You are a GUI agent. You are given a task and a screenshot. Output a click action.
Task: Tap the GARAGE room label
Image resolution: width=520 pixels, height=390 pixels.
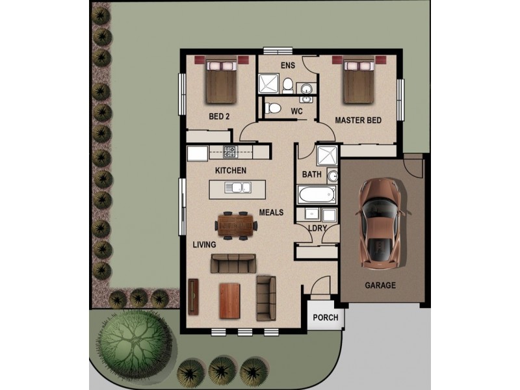pos(380,285)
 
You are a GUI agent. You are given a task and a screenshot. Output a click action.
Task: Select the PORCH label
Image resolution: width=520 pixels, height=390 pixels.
pos(326,318)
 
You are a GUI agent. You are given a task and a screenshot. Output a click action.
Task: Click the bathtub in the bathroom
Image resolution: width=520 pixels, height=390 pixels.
pos(317,194)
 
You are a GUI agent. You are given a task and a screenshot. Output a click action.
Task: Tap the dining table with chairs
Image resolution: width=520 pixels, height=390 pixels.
pos(235,226)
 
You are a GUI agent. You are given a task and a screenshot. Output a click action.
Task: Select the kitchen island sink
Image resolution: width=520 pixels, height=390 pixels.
pos(239,188)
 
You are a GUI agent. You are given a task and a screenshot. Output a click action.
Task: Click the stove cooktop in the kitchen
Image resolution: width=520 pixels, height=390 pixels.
pos(230,152)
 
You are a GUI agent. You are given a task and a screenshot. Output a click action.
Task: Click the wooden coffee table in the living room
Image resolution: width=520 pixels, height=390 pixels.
pos(231,300)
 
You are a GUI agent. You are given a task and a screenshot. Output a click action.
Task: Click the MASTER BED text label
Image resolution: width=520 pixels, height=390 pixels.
pos(357,121)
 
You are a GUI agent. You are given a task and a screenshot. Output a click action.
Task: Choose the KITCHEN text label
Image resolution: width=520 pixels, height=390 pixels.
pos(231,170)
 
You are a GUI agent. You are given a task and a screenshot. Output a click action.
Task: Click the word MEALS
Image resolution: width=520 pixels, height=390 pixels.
pos(272,213)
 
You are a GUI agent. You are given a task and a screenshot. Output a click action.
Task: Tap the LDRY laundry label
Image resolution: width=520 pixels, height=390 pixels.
pos(317,228)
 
